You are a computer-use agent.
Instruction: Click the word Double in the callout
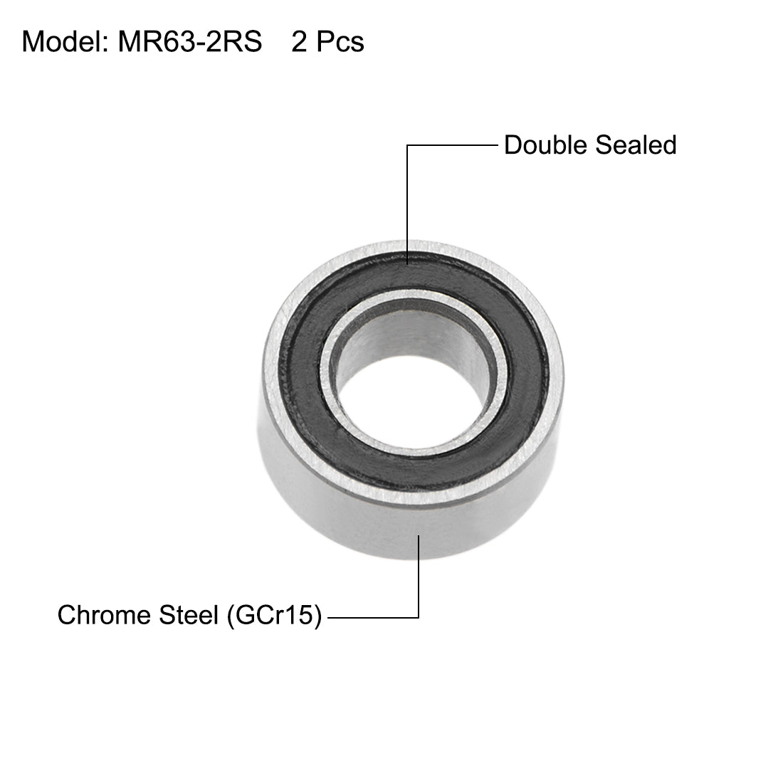pyautogui.click(x=546, y=145)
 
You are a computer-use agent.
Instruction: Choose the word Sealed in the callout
pyautogui.click(x=636, y=145)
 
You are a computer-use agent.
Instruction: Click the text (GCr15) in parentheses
pyautogui.click(x=273, y=615)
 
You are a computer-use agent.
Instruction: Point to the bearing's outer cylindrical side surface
pyautogui.click(x=356, y=513)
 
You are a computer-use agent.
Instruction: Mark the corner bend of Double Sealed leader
pyautogui.click(x=408, y=146)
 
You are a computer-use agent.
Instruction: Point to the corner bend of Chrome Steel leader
pyautogui.click(x=419, y=616)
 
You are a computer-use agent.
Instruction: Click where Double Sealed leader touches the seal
pyautogui.click(x=408, y=262)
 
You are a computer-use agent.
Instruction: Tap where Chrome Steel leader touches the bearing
pyautogui.click(x=419, y=535)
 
